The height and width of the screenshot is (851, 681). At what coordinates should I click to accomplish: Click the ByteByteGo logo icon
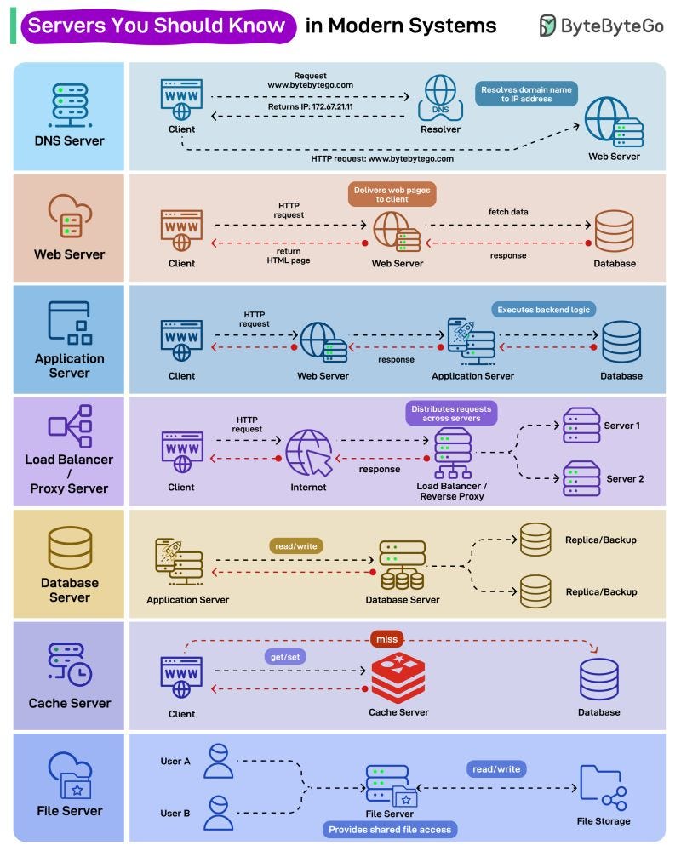pyautogui.click(x=547, y=26)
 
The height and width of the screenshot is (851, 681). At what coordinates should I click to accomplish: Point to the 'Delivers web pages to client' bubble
pyautogui.click(x=392, y=193)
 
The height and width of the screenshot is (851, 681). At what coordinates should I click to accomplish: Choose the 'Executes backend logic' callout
pyautogui.click(x=542, y=310)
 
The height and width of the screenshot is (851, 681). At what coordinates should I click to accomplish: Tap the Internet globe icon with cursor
pyautogui.click(x=308, y=452)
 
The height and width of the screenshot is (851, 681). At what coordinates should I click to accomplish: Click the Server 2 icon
pyautogui.click(x=581, y=478)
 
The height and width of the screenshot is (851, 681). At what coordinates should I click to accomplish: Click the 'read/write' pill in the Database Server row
pyautogui.click(x=297, y=545)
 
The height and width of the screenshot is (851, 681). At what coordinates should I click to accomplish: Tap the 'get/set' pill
pyautogui.click(x=283, y=658)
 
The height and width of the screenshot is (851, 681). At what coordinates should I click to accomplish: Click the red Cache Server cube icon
pyautogui.click(x=398, y=678)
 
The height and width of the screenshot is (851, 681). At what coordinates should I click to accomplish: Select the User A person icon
pyautogui.click(x=219, y=761)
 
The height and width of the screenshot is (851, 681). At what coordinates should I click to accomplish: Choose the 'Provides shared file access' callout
pyautogui.click(x=391, y=829)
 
